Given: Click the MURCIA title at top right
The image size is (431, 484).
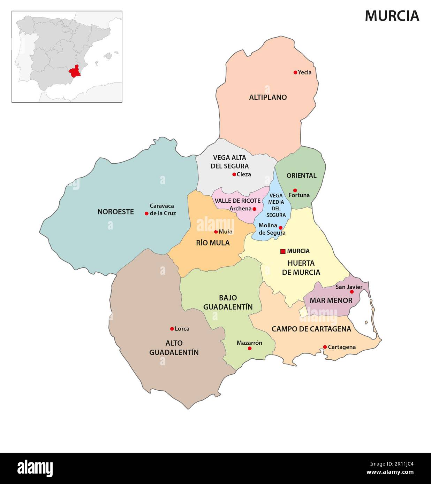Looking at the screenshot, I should coord(392,16).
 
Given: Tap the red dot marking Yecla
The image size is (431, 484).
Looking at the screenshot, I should coord(295,72).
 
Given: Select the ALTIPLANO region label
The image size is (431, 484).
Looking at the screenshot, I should coord(268,97).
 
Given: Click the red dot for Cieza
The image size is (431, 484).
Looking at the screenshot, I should coord(234,174).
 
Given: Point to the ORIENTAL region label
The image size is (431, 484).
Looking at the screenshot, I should coord(301,175).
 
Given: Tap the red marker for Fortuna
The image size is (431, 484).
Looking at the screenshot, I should coord(295,190).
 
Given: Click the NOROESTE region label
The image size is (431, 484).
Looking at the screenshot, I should coord(115,212).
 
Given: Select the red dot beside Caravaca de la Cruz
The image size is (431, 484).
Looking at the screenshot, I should coord(146,213).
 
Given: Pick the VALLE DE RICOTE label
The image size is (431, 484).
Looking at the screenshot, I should coord(237,201).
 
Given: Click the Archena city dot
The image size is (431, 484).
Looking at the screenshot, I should coord(254,209).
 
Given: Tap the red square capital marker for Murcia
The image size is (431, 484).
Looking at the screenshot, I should coord(283,251).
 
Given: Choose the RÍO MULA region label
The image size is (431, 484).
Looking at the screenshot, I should coord(213,243).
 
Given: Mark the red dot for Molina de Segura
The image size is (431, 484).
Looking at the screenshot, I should coord(280,228).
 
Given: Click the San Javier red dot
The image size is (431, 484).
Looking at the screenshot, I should coord(351,292).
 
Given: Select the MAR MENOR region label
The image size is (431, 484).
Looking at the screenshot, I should coord(331,300).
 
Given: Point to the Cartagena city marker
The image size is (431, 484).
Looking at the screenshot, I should coord(325,347).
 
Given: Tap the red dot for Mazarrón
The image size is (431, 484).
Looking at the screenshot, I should coord(249,348).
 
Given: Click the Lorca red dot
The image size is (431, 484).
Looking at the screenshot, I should coord(172,329).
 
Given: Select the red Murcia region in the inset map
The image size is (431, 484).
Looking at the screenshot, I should coord(75,71).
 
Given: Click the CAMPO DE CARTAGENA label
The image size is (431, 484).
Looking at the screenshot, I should coord(311,329).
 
